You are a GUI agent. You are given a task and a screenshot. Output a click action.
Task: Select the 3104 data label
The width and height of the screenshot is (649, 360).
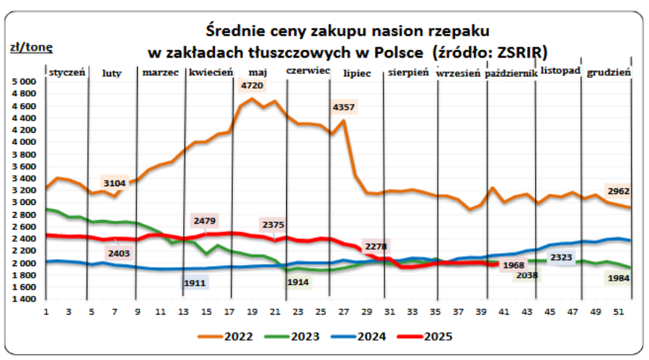click(x=114, y=183)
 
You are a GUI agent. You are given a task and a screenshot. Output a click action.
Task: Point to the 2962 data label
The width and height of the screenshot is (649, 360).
click(x=619, y=192)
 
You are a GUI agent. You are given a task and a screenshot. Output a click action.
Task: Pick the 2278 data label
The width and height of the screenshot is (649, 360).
click(x=375, y=247)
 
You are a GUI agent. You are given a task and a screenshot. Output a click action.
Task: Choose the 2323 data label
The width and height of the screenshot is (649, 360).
click(x=562, y=257)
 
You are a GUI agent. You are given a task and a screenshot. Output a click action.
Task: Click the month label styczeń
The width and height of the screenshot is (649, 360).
click(x=67, y=72)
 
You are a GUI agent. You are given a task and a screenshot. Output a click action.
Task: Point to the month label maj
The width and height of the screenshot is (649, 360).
click(x=257, y=72)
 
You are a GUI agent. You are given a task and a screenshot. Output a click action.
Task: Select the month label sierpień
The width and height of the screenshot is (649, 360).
click(x=408, y=73)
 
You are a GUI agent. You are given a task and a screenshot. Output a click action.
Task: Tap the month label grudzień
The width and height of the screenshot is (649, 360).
click(x=609, y=73)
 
